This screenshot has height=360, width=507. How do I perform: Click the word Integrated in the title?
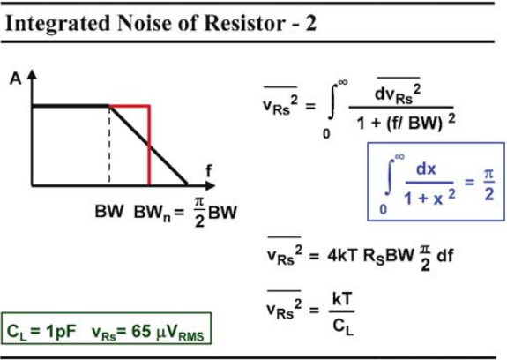click(x=58, y=24)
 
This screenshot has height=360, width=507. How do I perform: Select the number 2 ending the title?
click(x=309, y=23)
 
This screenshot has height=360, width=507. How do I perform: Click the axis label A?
click(x=16, y=79)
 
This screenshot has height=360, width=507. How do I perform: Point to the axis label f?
click(x=209, y=170)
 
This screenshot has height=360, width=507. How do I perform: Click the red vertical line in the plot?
click(x=149, y=146)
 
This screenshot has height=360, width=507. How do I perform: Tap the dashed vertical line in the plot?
click(x=109, y=145)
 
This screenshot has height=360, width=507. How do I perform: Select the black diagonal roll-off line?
click(x=148, y=145)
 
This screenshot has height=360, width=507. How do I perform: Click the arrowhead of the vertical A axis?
click(x=32, y=74)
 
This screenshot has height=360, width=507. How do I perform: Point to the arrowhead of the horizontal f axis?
click(x=210, y=185)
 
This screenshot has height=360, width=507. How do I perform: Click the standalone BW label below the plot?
click(x=109, y=212)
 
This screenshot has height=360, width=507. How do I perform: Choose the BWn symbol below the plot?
click(x=152, y=214)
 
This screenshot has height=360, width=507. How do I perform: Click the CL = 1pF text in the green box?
click(x=41, y=332)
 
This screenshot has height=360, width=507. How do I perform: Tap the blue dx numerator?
click(x=426, y=169)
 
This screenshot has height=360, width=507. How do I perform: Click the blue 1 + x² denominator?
click(x=429, y=197)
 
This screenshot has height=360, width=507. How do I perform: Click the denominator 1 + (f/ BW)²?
click(x=406, y=123)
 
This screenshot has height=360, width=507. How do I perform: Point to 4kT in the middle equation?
click(x=342, y=256)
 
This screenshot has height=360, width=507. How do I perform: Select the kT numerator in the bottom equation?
click(x=342, y=299)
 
